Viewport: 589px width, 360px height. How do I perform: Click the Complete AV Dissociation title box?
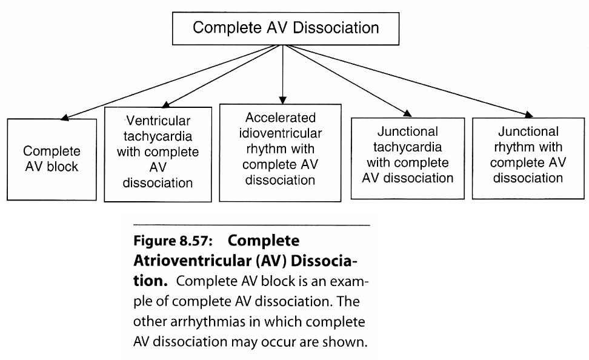(285, 28)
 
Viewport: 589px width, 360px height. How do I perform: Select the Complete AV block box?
(52, 159)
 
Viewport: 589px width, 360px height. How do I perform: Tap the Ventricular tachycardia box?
(158, 154)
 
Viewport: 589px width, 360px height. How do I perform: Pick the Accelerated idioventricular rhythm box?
(280, 152)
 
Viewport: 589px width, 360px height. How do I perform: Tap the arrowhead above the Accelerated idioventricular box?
(283, 99)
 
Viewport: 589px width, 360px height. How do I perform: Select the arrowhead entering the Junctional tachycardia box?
(407, 113)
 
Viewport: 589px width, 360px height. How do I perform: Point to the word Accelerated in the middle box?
(280, 118)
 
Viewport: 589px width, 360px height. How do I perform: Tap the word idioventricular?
(280, 133)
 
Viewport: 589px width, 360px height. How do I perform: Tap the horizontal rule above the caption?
(251, 225)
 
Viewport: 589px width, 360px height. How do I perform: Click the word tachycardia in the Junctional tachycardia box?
(407, 147)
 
